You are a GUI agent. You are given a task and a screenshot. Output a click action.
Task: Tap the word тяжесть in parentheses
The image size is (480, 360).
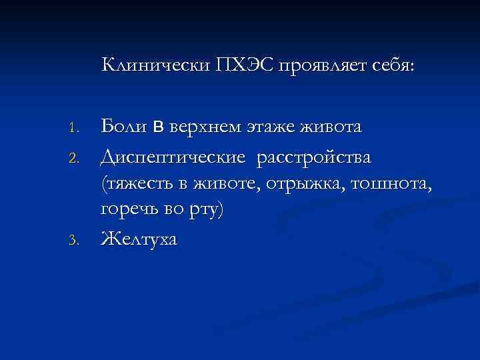(x=136, y=185)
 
